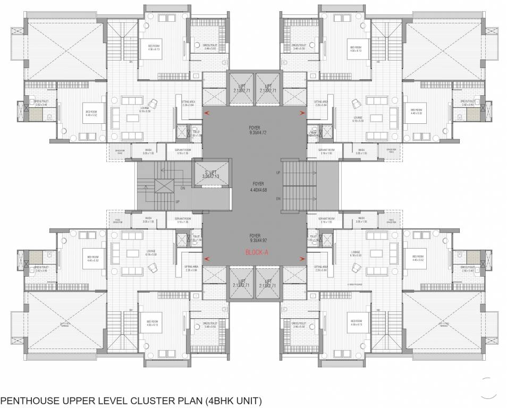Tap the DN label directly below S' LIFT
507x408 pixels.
183,187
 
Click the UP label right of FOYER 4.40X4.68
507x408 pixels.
277,173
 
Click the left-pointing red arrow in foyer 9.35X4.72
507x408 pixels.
207,112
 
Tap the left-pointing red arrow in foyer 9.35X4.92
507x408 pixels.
207,259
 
